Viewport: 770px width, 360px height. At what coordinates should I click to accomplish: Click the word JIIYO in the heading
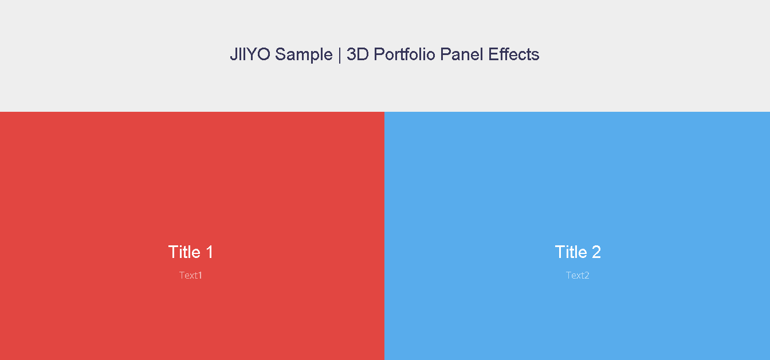point(250,54)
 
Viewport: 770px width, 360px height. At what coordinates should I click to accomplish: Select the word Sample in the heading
point(304,55)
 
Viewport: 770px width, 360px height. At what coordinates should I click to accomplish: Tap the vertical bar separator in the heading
point(340,55)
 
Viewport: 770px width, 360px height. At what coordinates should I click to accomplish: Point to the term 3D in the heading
point(357,54)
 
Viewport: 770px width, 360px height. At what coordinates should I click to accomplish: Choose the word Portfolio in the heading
point(404,54)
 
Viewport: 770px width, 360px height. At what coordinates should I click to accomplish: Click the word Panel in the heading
point(462,54)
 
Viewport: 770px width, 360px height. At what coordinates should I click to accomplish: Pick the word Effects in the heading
point(513,54)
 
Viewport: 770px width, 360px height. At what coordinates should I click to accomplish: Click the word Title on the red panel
point(184,252)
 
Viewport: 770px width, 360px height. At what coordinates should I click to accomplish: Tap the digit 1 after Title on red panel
point(209,252)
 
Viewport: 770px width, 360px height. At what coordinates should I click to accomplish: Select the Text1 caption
point(190,275)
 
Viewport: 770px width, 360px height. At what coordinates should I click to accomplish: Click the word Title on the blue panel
point(571,252)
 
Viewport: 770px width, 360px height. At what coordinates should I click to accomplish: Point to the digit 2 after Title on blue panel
point(596,252)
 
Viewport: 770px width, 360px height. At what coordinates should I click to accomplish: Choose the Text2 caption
point(577,275)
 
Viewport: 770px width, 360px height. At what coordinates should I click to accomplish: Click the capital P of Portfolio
point(379,54)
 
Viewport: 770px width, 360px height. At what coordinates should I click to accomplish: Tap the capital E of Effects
point(494,54)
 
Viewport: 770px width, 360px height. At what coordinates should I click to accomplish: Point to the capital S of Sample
point(281,54)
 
